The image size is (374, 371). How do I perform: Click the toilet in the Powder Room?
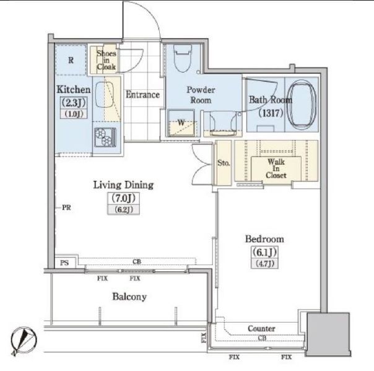click(x=183, y=58)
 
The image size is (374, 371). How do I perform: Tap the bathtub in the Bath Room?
click(x=302, y=104)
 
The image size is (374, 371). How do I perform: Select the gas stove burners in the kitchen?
click(x=105, y=137)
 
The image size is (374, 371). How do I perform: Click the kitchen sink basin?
click(x=104, y=95)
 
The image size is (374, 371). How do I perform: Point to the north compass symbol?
click(x=24, y=341)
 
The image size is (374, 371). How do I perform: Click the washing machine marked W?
click(x=181, y=123)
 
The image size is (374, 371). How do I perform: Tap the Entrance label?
click(x=142, y=95)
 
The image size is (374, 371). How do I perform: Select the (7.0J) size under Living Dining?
click(x=124, y=198)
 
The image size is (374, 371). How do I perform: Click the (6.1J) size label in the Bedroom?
click(x=264, y=252)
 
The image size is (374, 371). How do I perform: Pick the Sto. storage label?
click(x=224, y=163)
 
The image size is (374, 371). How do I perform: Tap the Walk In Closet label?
click(x=276, y=168)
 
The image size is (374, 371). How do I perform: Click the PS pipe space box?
click(x=65, y=262)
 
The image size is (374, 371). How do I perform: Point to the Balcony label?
click(x=129, y=297)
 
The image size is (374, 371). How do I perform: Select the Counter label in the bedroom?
click(x=261, y=328)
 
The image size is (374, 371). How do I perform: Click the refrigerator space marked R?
click(x=71, y=60)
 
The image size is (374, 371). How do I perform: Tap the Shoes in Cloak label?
click(x=107, y=60)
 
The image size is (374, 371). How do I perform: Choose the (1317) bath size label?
click(x=271, y=113)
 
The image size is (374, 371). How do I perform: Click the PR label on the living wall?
click(x=66, y=207)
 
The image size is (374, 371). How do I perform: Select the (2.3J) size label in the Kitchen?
click(x=74, y=103)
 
